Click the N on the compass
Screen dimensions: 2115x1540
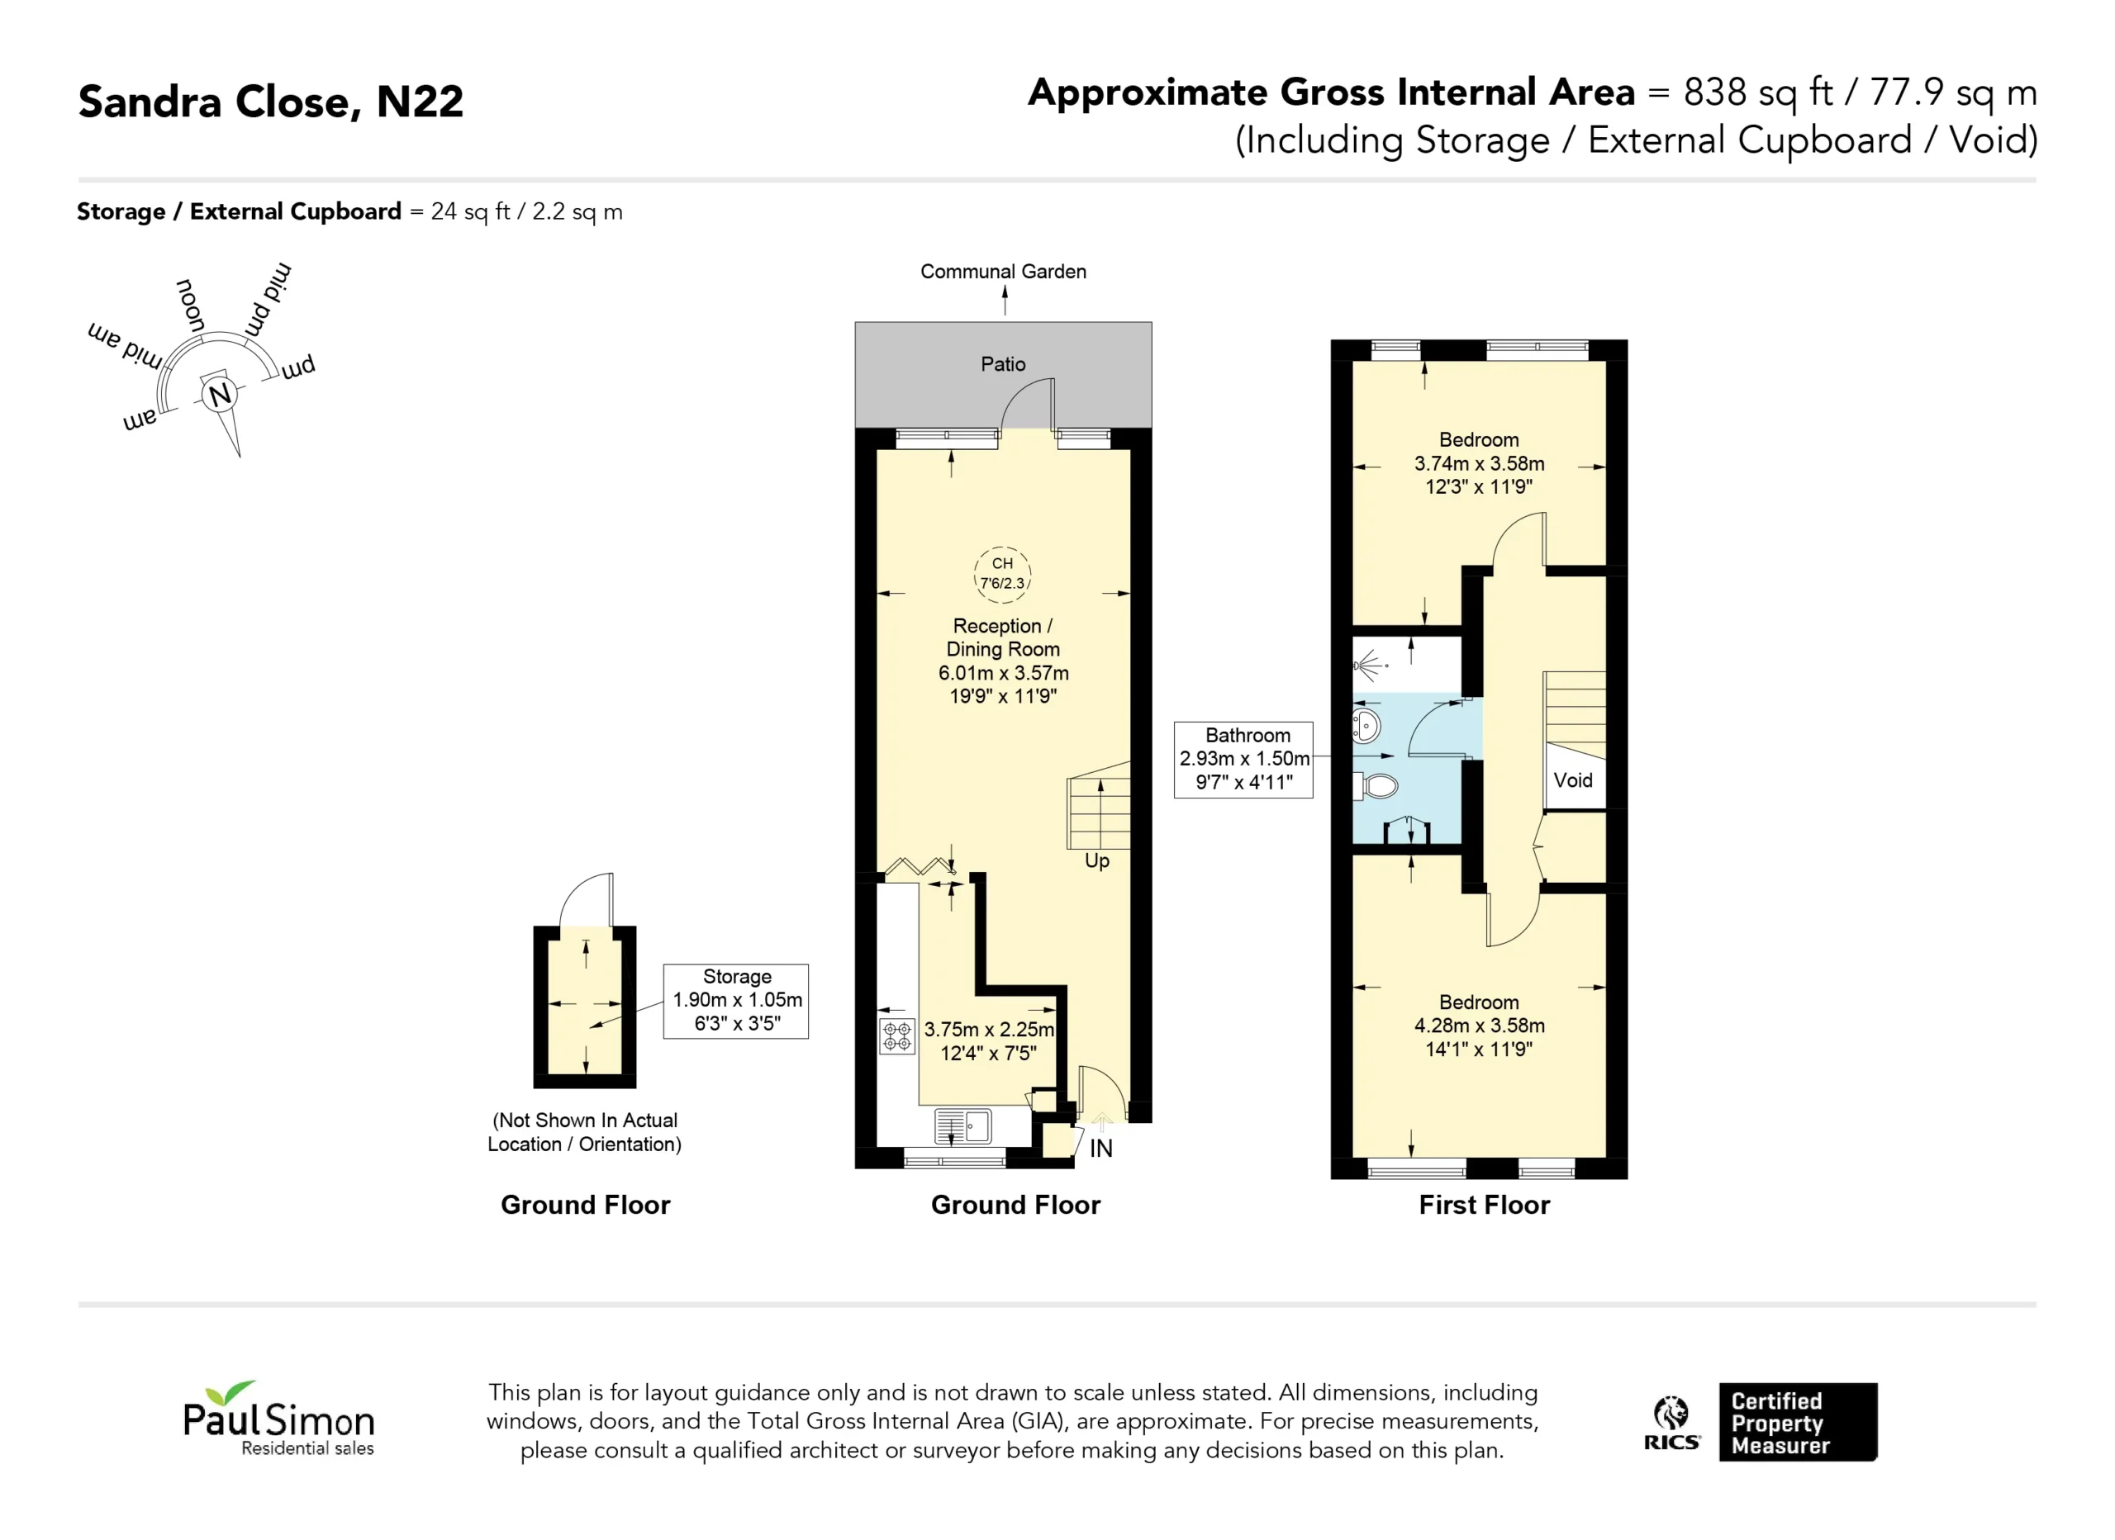point(220,395)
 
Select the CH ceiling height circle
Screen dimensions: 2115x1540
point(1001,573)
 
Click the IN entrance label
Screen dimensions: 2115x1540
point(1100,1149)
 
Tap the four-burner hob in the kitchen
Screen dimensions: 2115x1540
point(897,1035)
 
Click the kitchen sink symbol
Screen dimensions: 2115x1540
point(962,1126)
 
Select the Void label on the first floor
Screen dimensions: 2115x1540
point(1572,780)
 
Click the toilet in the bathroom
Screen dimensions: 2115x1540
point(1376,786)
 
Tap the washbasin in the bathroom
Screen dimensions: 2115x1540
point(1366,725)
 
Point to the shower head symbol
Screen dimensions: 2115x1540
point(1369,666)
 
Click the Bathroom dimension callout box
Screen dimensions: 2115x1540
point(1243,760)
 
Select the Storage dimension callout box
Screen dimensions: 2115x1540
point(736,1001)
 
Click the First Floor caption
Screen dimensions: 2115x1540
point(1484,1206)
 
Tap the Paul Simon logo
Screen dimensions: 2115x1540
point(278,1419)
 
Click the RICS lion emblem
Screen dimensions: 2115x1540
point(1671,1423)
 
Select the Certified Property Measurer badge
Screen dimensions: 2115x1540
point(1797,1422)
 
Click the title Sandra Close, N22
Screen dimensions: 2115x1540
point(270,102)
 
